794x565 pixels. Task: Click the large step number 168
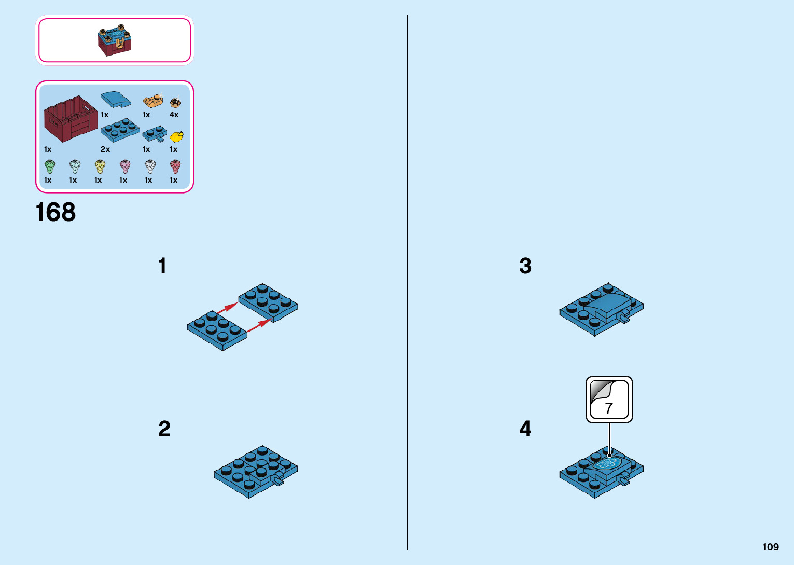point(55,212)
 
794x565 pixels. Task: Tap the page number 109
point(771,547)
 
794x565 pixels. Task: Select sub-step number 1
point(162,266)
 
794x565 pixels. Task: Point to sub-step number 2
point(164,429)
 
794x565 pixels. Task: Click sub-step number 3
point(525,266)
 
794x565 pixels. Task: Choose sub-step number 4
point(525,429)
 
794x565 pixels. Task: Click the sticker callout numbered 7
point(609,399)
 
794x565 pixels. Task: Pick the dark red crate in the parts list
point(71,119)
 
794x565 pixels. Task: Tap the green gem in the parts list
point(49,167)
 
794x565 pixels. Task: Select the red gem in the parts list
point(175,167)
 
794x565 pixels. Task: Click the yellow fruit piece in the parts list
point(176,136)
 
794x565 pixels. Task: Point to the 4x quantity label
point(174,115)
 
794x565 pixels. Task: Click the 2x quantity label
point(105,149)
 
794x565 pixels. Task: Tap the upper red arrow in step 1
point(227,308)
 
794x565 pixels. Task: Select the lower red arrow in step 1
point(258,325)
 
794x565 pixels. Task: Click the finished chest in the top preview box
point(115,40)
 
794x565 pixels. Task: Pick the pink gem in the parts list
point(125,167)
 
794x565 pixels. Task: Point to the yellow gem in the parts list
point(100,167)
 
